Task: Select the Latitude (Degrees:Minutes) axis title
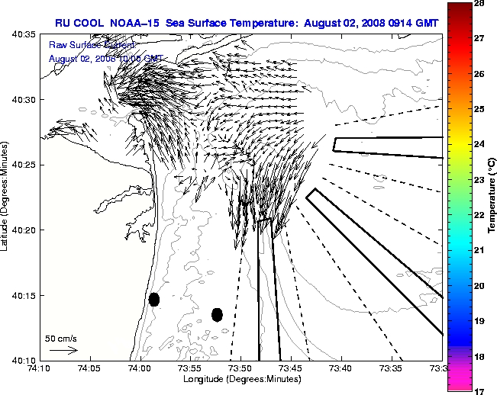pyautogui.click(x=6, y=197)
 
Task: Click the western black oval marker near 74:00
pyautogui.click(x=154, y=299)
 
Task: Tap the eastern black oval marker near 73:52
pyautogui.click(x=217, y=314)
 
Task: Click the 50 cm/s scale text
pyautogui.click(x=61, y=338)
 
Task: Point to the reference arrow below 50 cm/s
pyautogui.click(x=63, y=350)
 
